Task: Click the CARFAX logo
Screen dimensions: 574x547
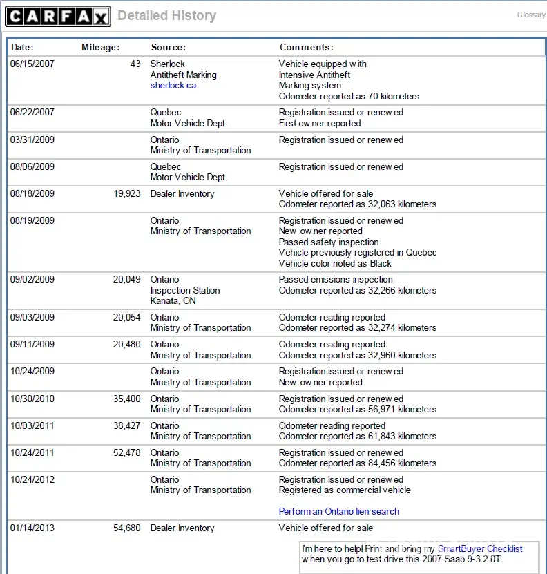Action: point(58,16)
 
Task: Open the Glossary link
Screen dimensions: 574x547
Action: point(531,15)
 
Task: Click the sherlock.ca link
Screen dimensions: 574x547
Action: point(173,86)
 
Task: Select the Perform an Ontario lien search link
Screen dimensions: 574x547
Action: point(338,512)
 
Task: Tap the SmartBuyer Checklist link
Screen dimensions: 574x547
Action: point(480,549)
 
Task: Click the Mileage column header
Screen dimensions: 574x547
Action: point(100,48)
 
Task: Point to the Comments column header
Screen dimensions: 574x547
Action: point(306,48)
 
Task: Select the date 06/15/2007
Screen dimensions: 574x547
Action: point(32,64)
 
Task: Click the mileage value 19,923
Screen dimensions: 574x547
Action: point(127,194)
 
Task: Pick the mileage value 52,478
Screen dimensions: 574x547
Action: point(127,453)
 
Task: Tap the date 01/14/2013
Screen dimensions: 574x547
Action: point(32,528)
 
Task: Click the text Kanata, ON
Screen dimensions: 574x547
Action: point(173,301)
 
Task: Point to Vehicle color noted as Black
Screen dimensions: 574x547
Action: point(335,264)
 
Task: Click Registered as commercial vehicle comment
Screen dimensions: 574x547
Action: point(345,490)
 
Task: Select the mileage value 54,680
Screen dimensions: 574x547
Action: point(127,528)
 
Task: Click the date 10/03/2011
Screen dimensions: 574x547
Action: point(32,426)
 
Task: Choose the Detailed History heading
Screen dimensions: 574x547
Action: point(166,16)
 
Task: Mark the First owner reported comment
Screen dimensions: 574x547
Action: point(320,124)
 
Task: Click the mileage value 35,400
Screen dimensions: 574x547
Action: point(127,399)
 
